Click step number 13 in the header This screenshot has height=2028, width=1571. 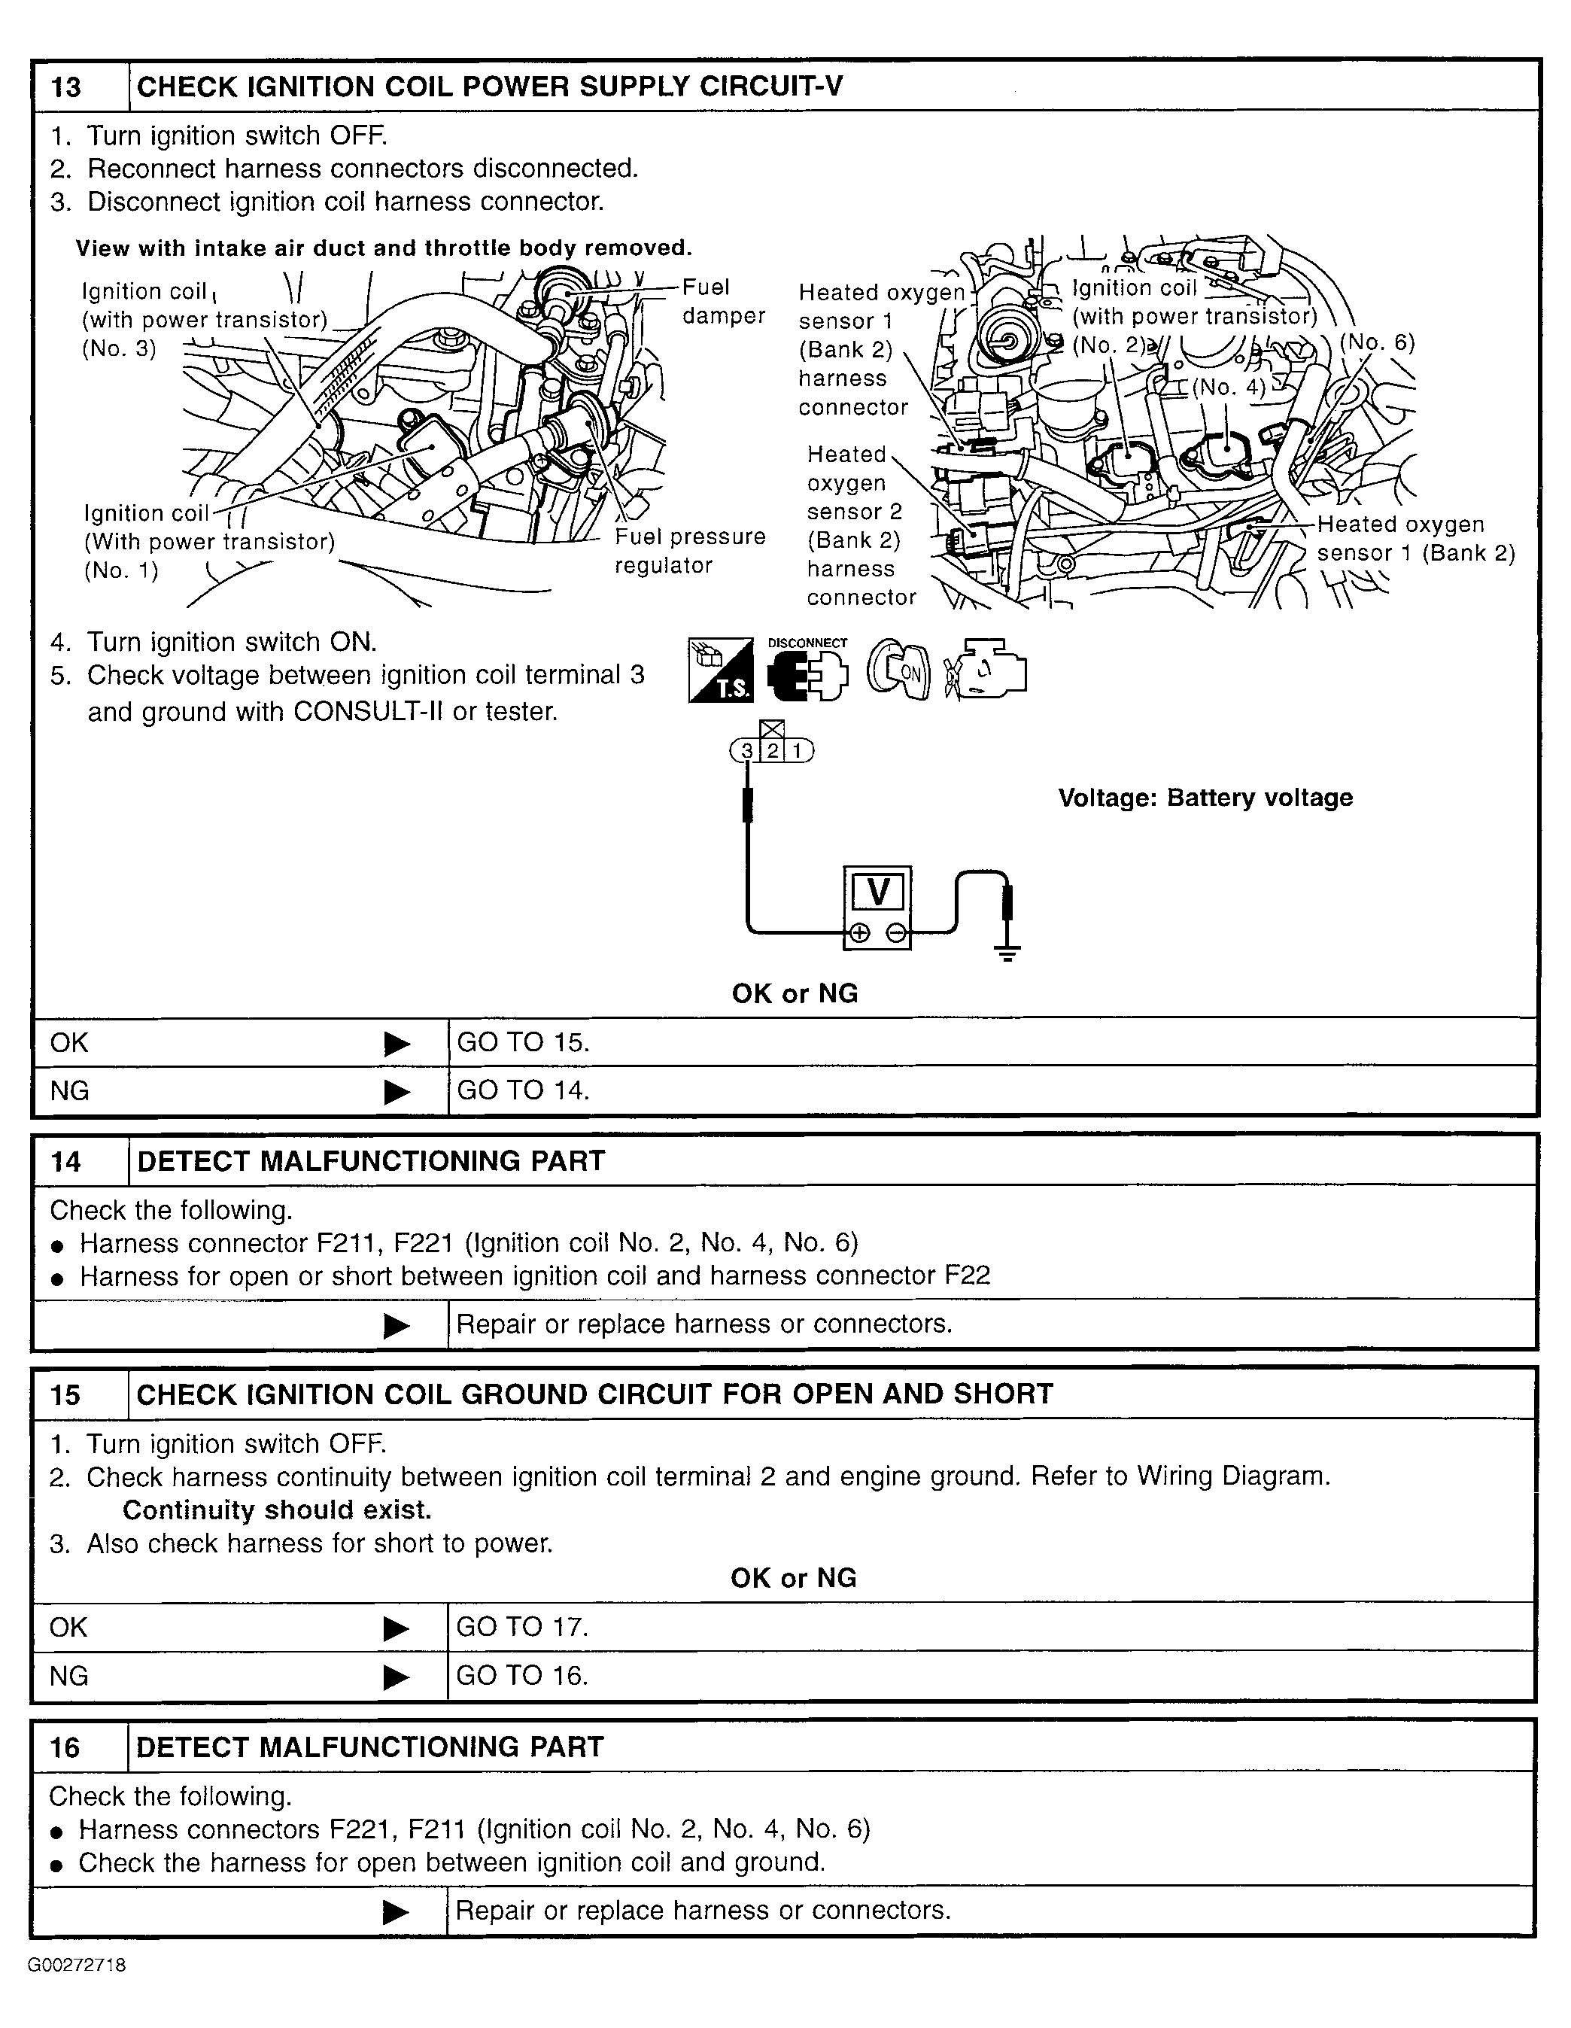tap(66, 87)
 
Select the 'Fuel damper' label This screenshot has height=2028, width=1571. tap(722, 302)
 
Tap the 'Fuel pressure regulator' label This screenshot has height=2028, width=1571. tap(689, 551)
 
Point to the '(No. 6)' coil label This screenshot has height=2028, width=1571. tap(1378, 342)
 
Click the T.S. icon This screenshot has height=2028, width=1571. tap(721, 670)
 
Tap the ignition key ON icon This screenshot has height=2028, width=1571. tap(898, 670)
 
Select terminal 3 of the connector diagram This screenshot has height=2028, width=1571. tap(746, 750)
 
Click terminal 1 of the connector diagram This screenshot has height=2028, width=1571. tap(798, 750)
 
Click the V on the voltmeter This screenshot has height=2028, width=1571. tap(877, 892)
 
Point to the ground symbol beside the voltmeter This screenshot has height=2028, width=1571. tap(1007, 951)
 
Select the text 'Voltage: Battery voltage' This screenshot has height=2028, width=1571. tap(1205, 798)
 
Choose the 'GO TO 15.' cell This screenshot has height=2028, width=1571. tap(524, 1042)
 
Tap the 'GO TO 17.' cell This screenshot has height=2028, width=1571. tap(523, 1627)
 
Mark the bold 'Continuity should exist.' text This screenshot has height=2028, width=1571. tap(277, 1510)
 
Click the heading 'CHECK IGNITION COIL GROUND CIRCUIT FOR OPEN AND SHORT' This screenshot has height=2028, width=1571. tap(594, 1394)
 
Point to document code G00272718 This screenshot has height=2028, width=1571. tap(77, 1965)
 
